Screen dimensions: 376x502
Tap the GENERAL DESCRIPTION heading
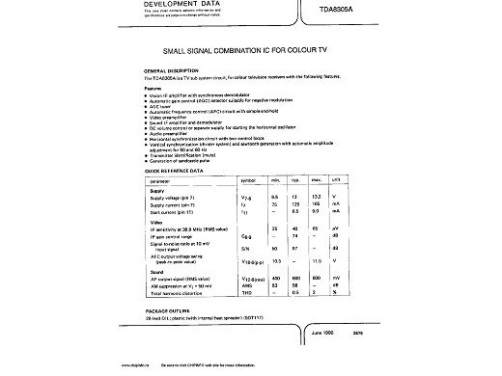(171, 71)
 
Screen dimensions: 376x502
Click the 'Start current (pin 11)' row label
(175, 212)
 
